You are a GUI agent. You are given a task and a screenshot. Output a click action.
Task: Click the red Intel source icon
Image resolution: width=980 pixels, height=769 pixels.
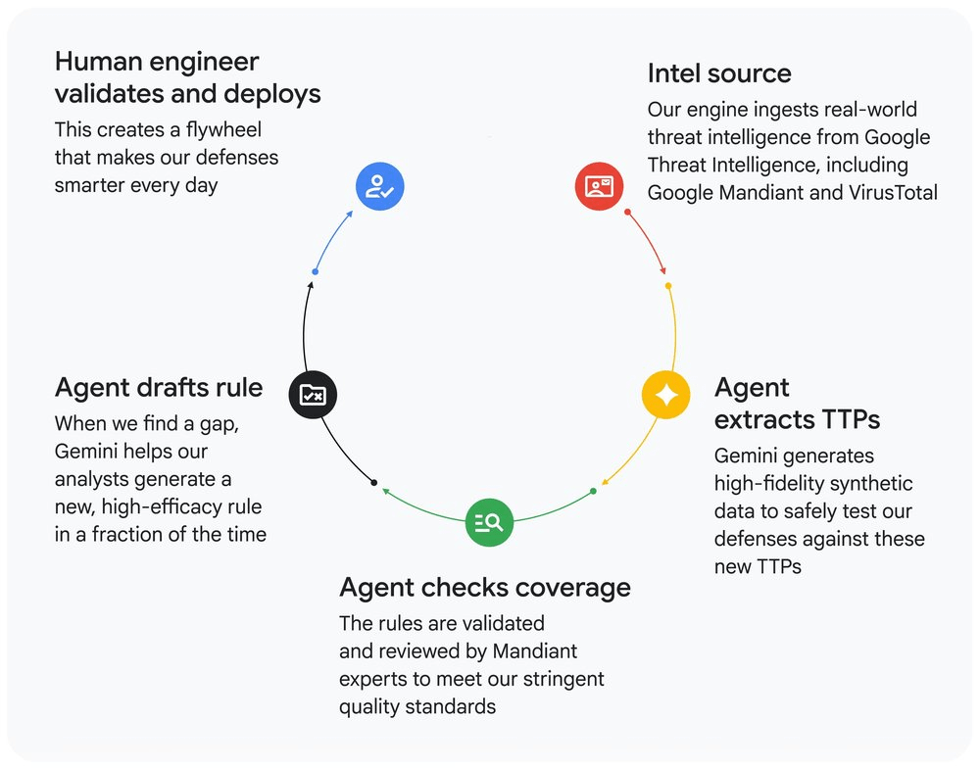pos(599,186)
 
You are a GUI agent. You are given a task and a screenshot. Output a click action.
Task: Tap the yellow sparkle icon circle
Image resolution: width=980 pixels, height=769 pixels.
pos(666,395)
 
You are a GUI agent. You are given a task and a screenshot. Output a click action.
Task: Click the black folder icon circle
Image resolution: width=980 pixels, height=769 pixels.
pos(313,395)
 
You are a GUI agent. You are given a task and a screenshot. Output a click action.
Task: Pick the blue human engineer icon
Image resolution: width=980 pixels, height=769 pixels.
pos(379,186)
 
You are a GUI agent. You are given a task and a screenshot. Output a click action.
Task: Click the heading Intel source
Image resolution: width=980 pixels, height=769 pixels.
pos(719,73)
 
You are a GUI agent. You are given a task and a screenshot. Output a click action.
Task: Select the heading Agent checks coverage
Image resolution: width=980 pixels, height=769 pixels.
pos(485,587)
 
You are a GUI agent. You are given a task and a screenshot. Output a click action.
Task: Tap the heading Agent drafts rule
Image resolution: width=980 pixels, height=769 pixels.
pos(159,387)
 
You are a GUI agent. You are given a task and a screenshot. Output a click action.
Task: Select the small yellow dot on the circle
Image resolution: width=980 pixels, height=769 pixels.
pos(668,286)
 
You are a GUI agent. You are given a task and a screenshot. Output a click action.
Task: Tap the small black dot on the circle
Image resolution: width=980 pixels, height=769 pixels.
pos(373,482)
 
